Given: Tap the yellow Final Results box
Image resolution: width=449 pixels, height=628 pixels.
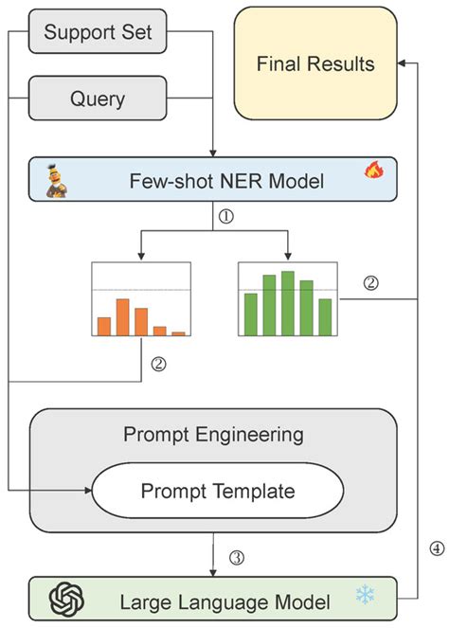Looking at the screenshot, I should (x=315, y=64).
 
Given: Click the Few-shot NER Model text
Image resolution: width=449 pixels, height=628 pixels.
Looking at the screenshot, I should (x=215, y=180).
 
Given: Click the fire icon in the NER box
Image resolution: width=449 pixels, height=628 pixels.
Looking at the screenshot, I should (x=374, y=171).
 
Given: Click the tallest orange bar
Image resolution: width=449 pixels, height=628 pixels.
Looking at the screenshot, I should (x=122, y=317).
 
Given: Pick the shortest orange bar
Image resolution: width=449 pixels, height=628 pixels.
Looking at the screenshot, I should (x=178, y=332).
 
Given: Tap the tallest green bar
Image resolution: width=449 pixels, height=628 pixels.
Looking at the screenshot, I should (x=288, y=303).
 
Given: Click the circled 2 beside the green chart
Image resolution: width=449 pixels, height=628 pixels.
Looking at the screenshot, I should (x=371, y=283).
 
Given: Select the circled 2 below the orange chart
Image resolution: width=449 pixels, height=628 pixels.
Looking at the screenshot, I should (x=158, y=363).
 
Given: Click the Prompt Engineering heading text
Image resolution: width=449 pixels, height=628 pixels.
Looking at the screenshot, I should (x=214, y=436).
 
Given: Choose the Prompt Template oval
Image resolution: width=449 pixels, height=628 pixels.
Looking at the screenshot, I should (x=217, y=491).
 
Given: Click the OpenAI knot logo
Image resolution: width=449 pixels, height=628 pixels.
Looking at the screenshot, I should (x=68, y=599).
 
